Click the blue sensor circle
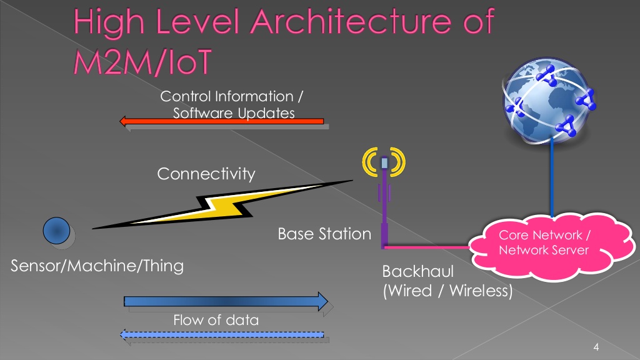pos(56,231)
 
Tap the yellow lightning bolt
pos(222,204)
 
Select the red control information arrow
pos(222,121)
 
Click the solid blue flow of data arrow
pos(226,302)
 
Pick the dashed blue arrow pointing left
pos(222,335)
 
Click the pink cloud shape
pos(551,246)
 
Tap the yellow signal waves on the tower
pos(384,162)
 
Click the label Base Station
pos(324,234)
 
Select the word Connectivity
pos(206,174)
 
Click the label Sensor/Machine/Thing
pos(97,266)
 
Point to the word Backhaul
pos(418,271)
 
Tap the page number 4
pos(596,347)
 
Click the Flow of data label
pos(216,320)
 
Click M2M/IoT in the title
pos(142,62)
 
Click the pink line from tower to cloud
pos(427,247)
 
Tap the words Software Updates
pos(234,113)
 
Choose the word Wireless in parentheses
pos(478,291)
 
